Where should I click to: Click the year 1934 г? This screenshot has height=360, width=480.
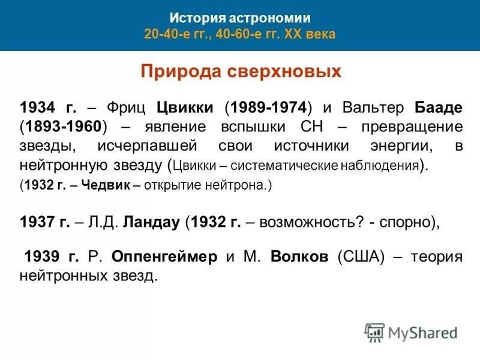point(48,107)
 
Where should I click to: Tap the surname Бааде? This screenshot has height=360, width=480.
point(438,107)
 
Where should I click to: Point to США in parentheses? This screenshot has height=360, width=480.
point(362,257)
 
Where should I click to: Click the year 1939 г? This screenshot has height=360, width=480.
point(51,257)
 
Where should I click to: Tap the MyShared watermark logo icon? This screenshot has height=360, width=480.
point(375,332)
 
